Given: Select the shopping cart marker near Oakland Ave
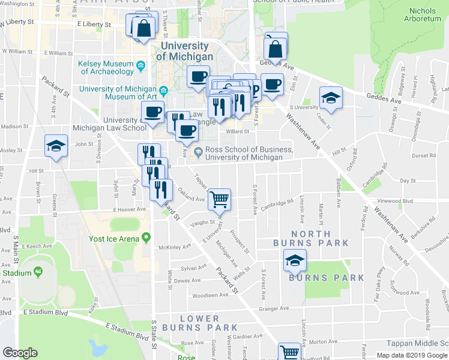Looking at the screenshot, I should click(x=220, y=199).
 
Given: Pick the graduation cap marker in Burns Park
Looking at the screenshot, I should click(x=295, y=260).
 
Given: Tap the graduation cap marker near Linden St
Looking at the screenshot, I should click(x=331, y=98).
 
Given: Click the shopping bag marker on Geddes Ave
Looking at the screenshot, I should click(x=276, y=48).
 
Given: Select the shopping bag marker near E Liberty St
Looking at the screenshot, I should click(x=144, y=28).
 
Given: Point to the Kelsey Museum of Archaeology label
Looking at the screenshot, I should click(x=105, y=68).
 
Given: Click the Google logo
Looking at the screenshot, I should click(x=20, y=353).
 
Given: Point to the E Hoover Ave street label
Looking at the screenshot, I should click(x=129, y=209).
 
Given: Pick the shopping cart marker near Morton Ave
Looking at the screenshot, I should click(x=290, y=353).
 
